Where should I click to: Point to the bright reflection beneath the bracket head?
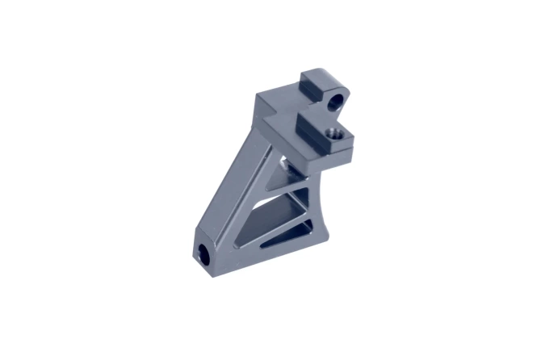(282, 165)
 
